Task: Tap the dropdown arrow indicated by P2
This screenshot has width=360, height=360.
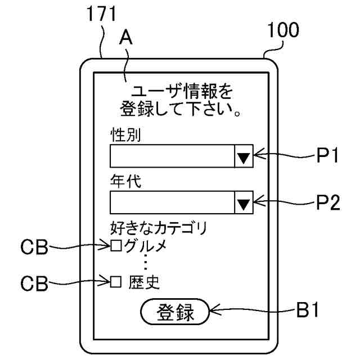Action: click(243, 202)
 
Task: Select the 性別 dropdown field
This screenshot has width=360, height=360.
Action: click(172, 156)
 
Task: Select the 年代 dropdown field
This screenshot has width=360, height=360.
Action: click(172, 202)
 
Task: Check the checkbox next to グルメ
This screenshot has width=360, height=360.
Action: click(116, 246)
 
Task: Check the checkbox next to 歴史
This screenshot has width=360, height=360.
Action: click(116, 281)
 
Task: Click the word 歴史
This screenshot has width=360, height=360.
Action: click(144, 281)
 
